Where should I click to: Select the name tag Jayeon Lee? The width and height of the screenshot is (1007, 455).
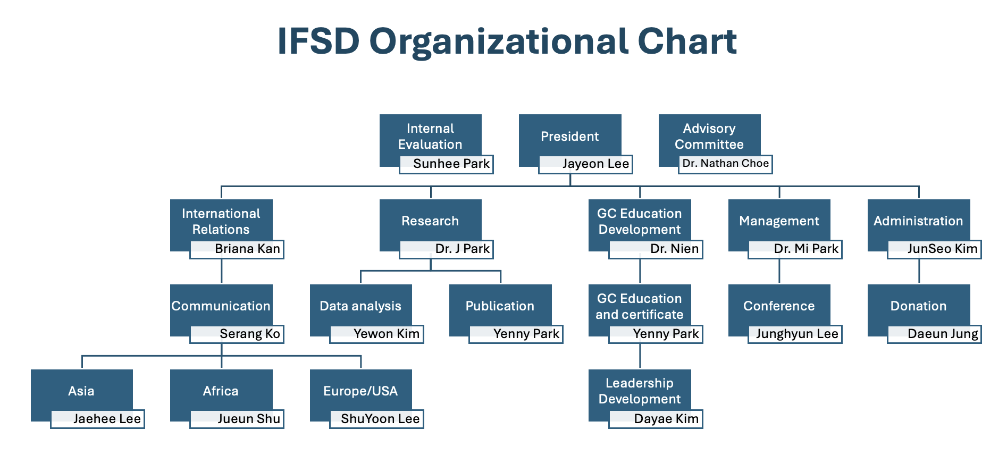[x=585, y=164]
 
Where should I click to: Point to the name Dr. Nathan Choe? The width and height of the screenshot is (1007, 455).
[x=726, y=164]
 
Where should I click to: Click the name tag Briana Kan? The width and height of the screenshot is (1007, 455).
[x=237, y=249]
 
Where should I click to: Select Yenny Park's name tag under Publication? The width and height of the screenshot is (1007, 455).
[x=516, y=334]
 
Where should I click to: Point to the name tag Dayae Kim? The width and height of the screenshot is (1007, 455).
[x=656, y=419]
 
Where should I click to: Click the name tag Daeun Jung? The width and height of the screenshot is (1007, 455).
[x=934, y=334]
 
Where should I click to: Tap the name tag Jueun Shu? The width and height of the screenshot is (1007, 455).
[x=237, y=419]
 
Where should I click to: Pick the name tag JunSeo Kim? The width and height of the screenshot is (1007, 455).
[x=934, y=249]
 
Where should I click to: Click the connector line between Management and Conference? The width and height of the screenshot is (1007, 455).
[x=779, y=271]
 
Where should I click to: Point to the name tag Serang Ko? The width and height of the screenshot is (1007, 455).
[x=237, y=334]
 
